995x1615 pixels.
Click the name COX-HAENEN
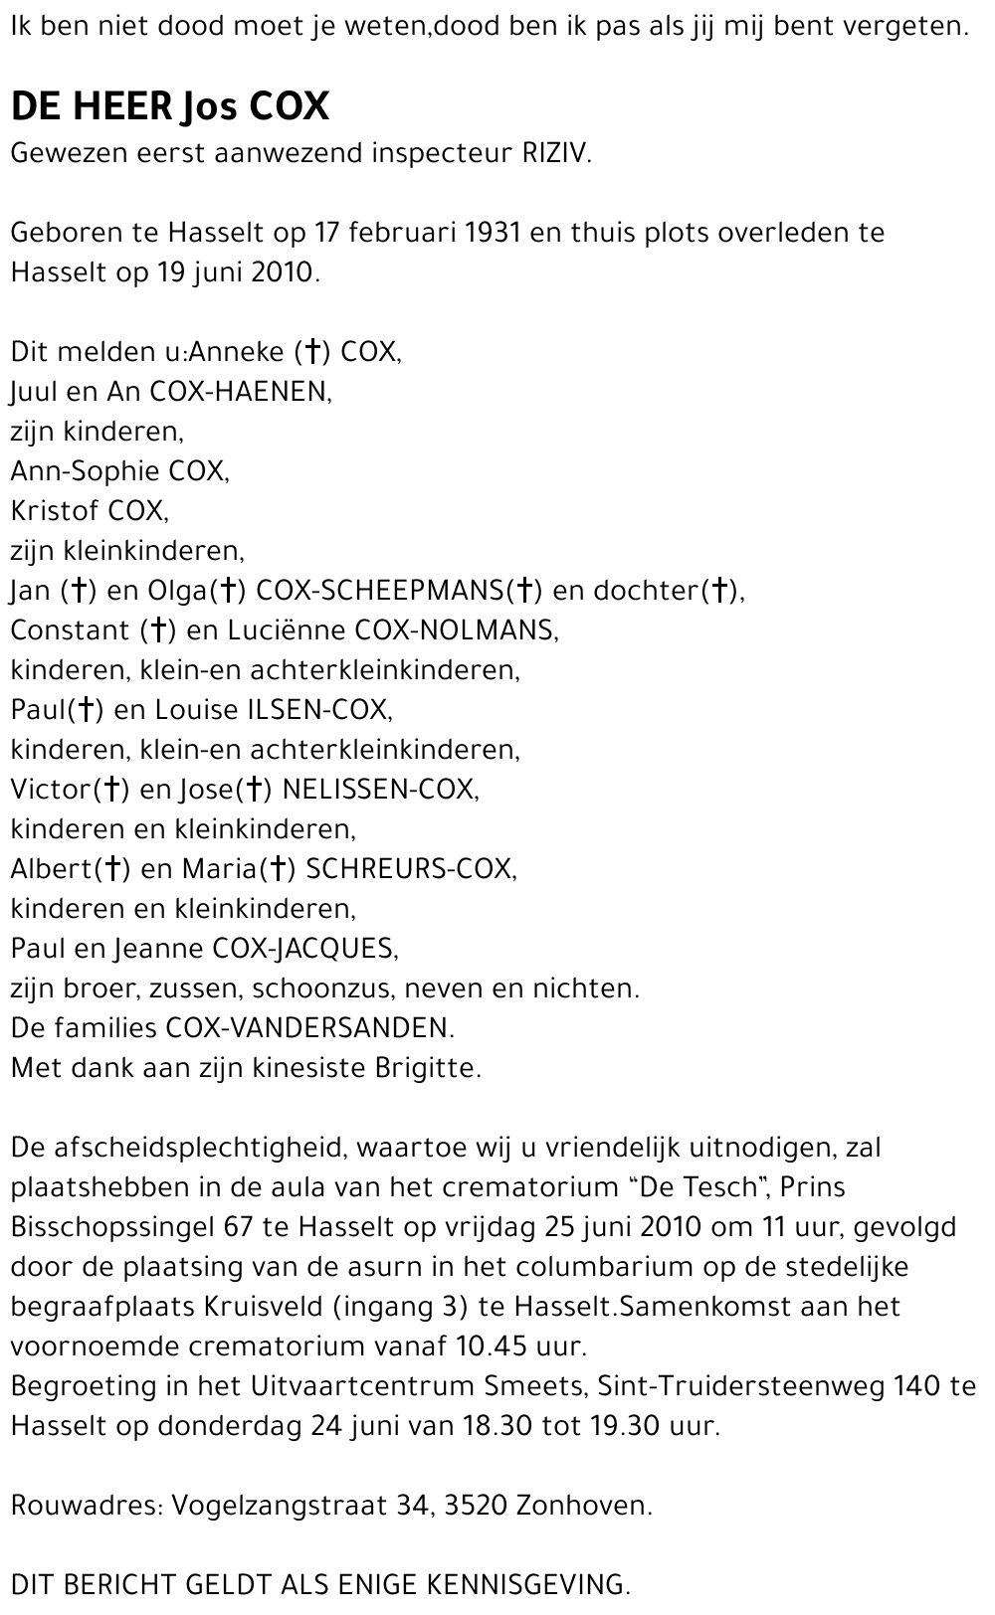(x=239, y=392)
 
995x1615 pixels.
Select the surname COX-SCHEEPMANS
(x=380, y=591)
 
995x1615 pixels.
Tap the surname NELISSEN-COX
(x=379, y=790)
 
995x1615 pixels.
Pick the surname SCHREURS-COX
(x=410, y=869)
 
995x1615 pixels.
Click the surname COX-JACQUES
(x=304, y=949)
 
